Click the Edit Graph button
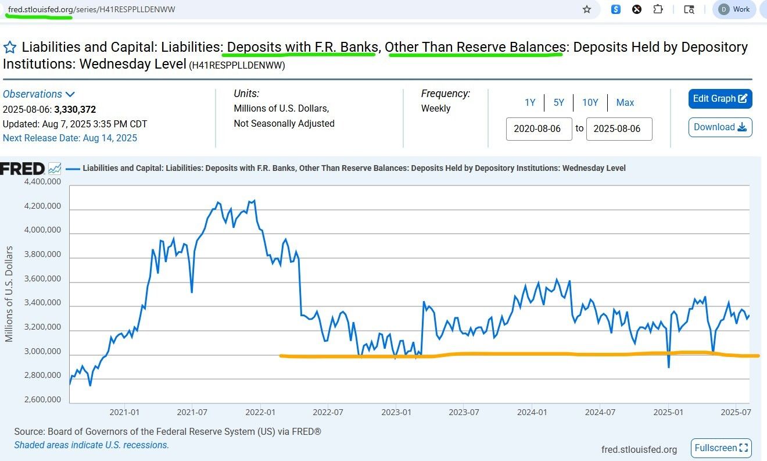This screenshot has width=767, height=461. [720, 99]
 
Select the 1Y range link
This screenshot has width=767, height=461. [530, 103]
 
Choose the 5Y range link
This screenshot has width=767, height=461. [558, 103]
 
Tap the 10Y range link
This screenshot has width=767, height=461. [590, 103]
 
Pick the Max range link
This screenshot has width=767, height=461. [625, 103]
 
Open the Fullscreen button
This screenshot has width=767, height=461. [721, 448]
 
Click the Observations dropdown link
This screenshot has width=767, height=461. [39, 94]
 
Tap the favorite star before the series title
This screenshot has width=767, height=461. [10, 47]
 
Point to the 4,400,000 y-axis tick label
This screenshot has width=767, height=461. [42, 181]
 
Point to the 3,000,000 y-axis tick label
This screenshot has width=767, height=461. [42, 351]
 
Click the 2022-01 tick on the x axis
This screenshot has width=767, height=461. [260, 412]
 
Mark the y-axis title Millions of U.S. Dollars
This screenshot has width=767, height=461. [9, 294]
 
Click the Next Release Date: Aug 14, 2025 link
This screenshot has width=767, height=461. [70, 138]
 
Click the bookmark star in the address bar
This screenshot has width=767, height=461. [587, 9]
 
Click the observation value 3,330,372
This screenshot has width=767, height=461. [75, 109]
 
